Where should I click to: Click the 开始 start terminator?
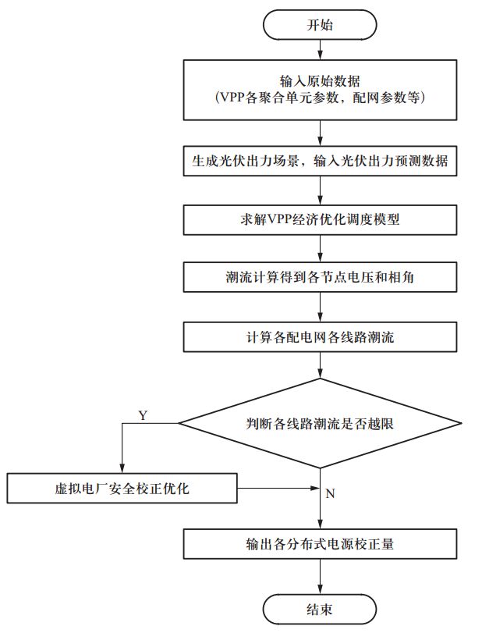[x=320, y=24]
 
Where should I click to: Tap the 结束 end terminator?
[x=320, y=608]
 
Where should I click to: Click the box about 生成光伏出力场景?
[x=320, y=162]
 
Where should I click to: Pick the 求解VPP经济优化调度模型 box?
[x=320, y=219]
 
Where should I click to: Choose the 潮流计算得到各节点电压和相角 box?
[x=320, y=277]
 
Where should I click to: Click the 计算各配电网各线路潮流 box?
[x=320, y=336]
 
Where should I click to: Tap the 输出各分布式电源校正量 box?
[x=320, y=544]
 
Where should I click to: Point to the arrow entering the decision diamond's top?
[x=320, y=365]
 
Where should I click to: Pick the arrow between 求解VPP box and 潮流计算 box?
[x=320, y=248]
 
